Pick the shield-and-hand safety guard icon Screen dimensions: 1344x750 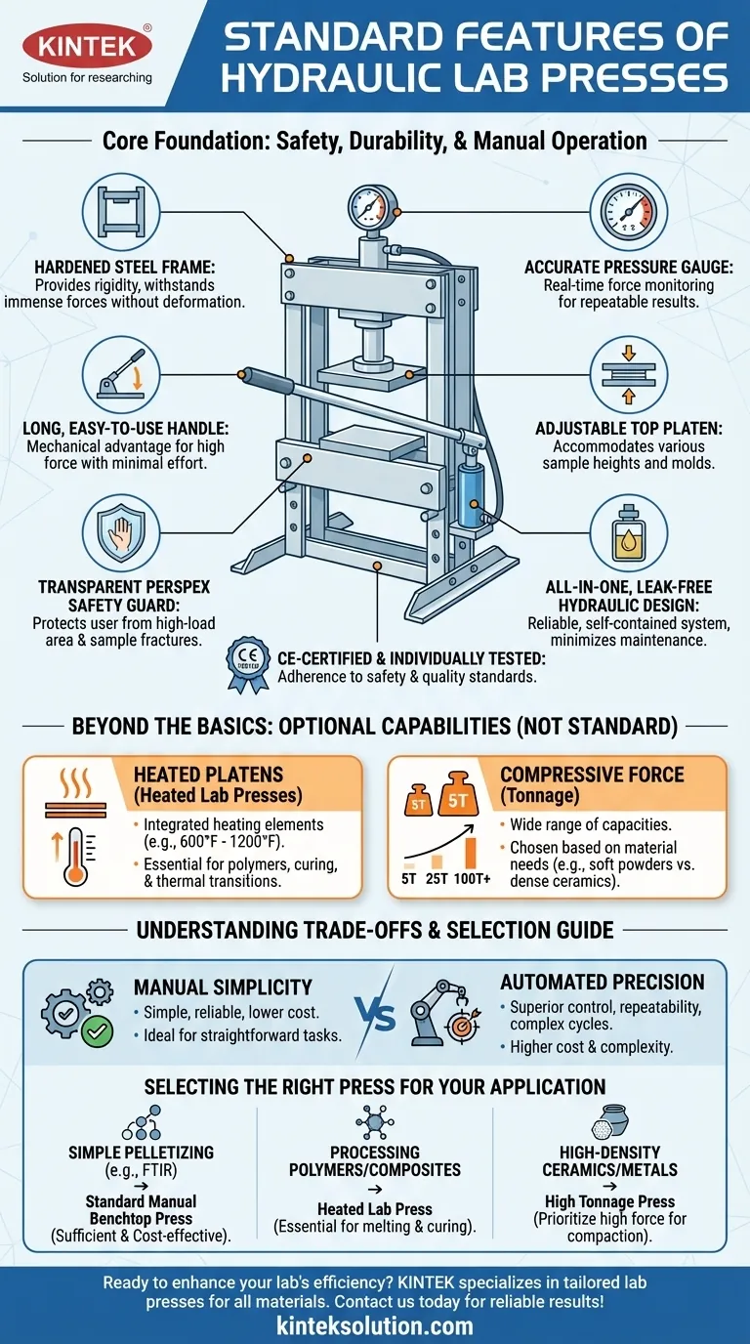click(122, 532)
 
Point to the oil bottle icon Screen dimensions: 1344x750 click(629, 532)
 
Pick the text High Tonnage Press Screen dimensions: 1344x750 click(624, 1201)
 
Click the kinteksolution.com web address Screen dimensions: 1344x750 click(375, 1325)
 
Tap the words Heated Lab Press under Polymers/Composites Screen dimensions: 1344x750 click(375, 1209)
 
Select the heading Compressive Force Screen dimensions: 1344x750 click(592, 774)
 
